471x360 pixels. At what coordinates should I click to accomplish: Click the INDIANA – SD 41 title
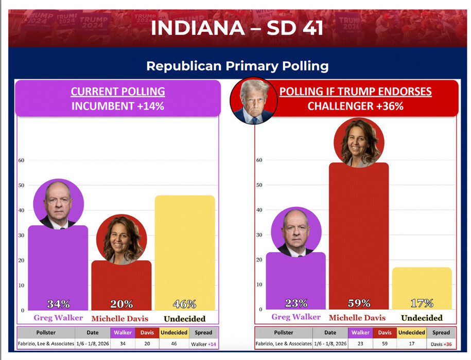237,28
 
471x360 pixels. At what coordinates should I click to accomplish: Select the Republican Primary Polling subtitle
237,66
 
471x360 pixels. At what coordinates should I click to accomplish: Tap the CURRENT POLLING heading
118,92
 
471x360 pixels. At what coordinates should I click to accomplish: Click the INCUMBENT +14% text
118,106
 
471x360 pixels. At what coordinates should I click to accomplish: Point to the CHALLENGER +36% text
355,106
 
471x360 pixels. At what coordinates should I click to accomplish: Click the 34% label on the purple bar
58,303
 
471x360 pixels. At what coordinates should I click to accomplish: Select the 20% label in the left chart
121,303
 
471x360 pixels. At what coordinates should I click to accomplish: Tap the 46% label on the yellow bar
185,303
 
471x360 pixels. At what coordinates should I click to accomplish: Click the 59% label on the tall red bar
359,303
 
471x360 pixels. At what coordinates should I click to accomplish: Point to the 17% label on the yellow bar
422,303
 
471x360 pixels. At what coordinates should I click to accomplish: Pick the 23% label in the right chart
296,303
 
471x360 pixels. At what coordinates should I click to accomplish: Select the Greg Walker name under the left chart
58,318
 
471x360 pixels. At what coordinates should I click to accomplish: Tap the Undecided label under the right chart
422,318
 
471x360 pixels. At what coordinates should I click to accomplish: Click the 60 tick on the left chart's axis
21,160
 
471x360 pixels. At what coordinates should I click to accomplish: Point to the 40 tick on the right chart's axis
259,210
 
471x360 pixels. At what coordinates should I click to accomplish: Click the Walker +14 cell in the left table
203,343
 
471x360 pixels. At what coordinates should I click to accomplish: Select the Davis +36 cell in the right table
441,343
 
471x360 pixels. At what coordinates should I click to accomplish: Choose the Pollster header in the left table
46,332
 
